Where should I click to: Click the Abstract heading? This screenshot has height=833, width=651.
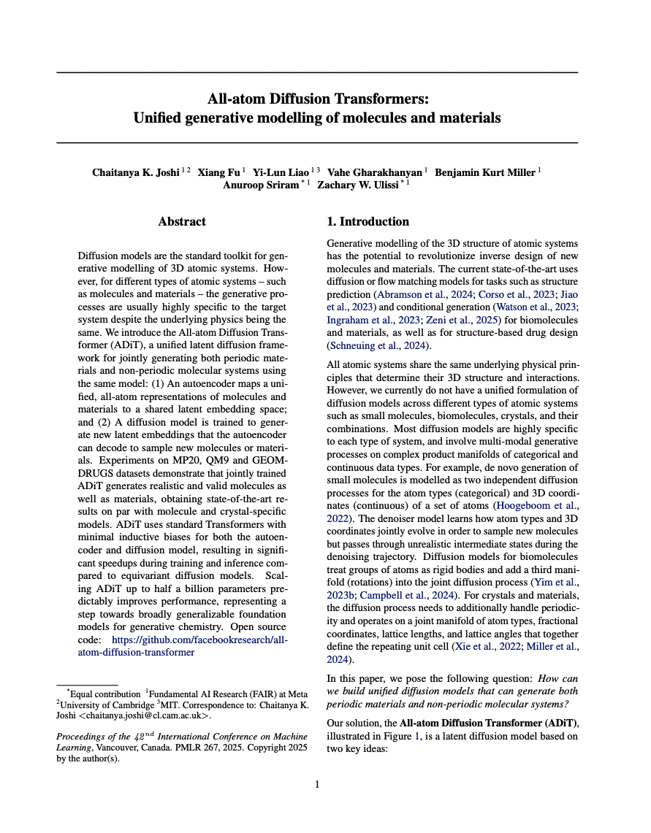(x=182, y=221)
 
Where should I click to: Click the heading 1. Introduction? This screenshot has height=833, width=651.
(x=368, y=221)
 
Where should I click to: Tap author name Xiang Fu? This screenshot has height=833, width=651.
(x=220, y=173)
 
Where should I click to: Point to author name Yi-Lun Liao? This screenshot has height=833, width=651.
(x=280, y=173)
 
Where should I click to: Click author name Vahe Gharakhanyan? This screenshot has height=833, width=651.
(x=374, y=173)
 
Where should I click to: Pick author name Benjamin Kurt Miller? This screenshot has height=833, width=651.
(x=485, y=173)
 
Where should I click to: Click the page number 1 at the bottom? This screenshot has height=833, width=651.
(x=317, y=784)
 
